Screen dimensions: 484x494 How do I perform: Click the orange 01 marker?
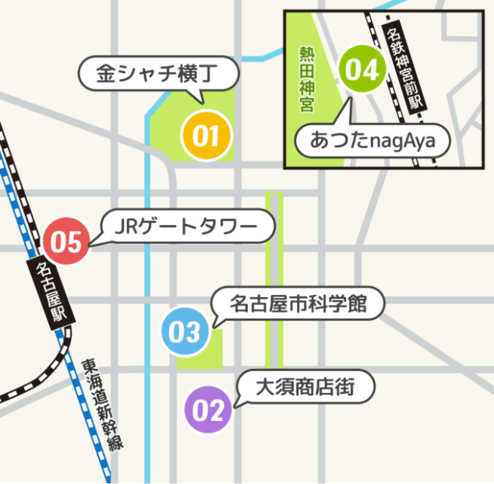(206, 136)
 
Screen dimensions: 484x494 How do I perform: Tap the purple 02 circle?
(209, 410)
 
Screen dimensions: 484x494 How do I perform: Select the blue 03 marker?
(185, 332)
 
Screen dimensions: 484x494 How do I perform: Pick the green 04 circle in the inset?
(362, 70)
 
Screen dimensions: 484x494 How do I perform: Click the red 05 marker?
(66, 242)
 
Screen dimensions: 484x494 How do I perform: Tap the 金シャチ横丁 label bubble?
(158, 75)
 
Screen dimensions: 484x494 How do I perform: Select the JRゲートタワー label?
(189, 227)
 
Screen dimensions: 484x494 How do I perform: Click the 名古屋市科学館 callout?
(298, 303)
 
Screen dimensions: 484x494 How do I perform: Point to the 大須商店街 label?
(305, 387)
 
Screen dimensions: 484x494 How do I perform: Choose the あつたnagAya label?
(373, 141)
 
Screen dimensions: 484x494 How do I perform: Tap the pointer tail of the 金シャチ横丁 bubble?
(198, 96)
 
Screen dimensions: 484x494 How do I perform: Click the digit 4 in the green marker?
(370, 70)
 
